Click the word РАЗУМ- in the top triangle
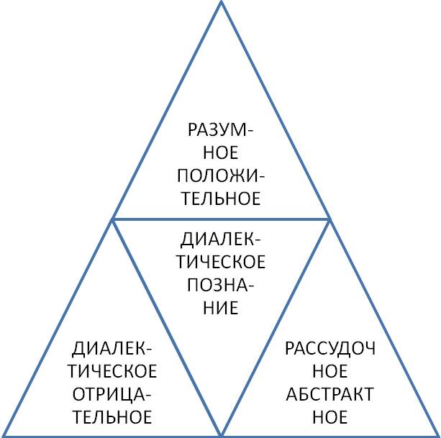pos(220,130)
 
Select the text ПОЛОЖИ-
pos(220,175)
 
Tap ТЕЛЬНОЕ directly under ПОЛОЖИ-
pos(220,198)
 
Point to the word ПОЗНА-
pos(220,285)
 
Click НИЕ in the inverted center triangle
pos(220,308)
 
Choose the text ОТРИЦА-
pos(112,394)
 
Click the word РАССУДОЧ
pos(330,349)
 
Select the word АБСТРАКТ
pos(330,394)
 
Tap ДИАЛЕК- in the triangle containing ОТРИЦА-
pos(112,349)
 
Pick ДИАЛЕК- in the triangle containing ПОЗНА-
pos(220,239)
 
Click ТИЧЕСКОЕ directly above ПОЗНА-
pos(220,262)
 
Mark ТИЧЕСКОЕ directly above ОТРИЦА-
pos(112,371)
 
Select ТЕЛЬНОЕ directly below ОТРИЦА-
pos(112,416)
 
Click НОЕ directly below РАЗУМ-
pos(220,152)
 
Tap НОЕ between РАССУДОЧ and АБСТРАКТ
pos(330,371)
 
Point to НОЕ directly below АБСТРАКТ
pos(330,416)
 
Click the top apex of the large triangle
pos(221,3)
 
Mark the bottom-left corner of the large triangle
pos(4,435)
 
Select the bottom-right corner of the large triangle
pos(437,435)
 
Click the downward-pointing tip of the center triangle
pos(221,434)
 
